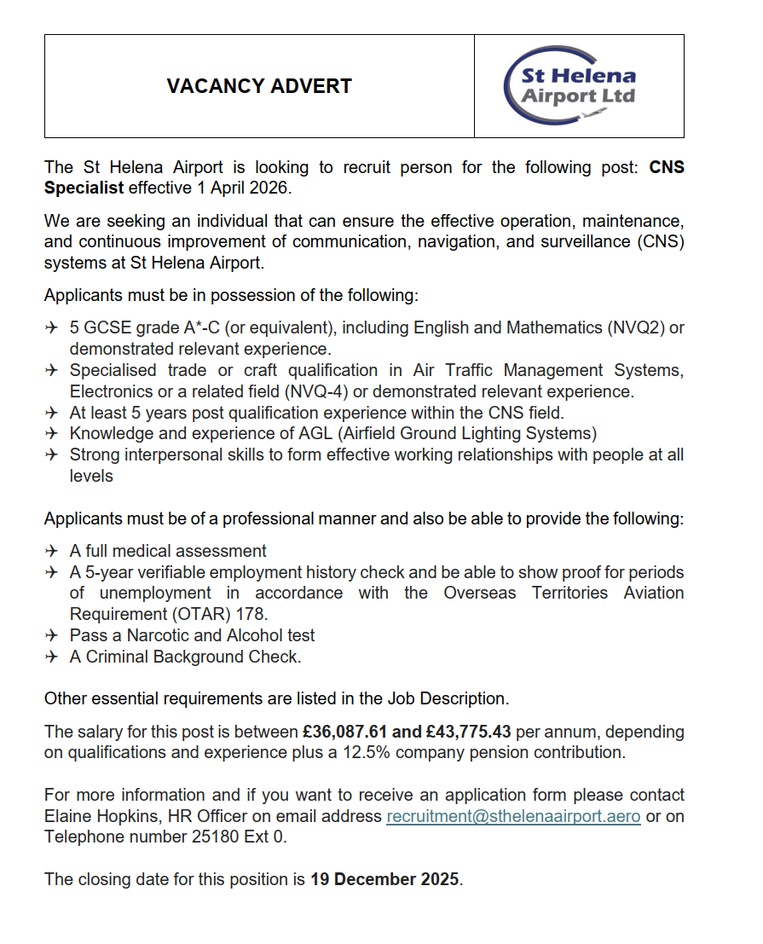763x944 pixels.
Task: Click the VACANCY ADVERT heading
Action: [x=259, y=86]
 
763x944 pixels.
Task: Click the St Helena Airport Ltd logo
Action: [x=579, y=86]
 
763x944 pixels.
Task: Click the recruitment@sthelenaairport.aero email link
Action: [x=513, y=816]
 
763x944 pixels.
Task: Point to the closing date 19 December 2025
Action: [x=384, y=879]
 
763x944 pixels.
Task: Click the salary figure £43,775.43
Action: [x=465, y=732]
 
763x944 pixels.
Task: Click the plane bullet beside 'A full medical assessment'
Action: [x=52, y=551]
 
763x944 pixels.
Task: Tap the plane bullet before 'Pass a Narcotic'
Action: [x=52, y=635]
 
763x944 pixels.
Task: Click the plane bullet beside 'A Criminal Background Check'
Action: [x=52, y=657]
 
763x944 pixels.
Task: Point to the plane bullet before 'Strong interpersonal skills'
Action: [x=52, y=455]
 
